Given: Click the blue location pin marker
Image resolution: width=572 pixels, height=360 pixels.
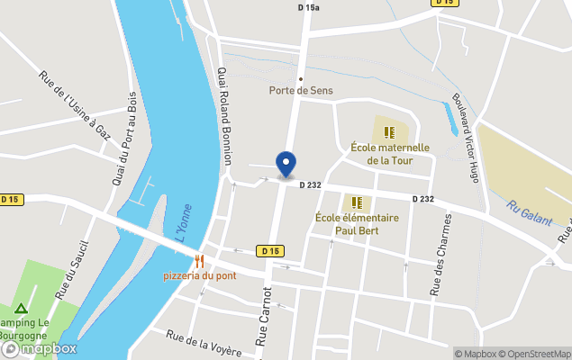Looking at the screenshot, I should [x=286, y=164].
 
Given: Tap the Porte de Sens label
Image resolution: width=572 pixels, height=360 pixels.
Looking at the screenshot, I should [x=300, y=90].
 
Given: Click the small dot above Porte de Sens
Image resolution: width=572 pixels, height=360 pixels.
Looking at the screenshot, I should [x=301, y=78].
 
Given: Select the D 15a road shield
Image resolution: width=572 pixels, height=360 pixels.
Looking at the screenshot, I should [x=309, y=7].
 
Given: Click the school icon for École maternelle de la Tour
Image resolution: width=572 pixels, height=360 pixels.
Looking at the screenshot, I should [x=389, y=132].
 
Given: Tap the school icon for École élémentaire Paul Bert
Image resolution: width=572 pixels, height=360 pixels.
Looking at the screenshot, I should [x=356, y=202].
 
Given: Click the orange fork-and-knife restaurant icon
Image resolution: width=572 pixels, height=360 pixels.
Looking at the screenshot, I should [x=200, y=260].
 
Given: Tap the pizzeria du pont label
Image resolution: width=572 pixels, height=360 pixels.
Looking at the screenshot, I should [x=200, y=275].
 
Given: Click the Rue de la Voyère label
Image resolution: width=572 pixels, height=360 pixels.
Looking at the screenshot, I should [x=203, y=343].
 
